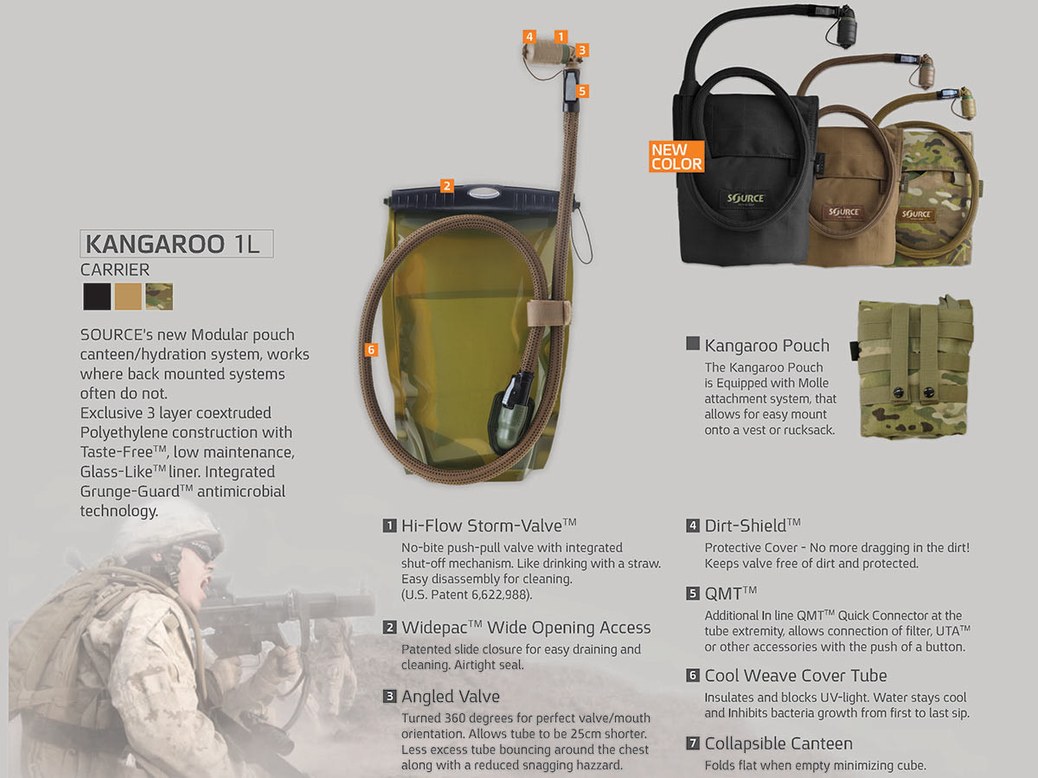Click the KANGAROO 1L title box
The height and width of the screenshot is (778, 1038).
[176, 244]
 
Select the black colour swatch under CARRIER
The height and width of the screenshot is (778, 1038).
[97, 297]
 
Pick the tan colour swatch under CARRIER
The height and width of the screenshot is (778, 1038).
[128, 297]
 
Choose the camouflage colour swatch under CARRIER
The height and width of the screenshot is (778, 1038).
[159, 297]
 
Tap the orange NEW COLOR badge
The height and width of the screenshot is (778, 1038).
[676, 156]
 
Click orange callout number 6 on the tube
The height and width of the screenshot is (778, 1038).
[371, 350]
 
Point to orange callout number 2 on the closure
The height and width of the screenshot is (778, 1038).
[446, 185]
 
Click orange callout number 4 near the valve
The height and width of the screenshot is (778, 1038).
[529, 36]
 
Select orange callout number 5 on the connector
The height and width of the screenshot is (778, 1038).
[582, 90]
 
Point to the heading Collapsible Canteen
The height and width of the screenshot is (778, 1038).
[778, 743]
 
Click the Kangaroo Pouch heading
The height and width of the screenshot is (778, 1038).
[766, 346]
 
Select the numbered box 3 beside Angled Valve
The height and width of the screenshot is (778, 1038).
[390, 696]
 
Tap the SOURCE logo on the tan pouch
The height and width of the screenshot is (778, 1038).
[843, 212]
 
